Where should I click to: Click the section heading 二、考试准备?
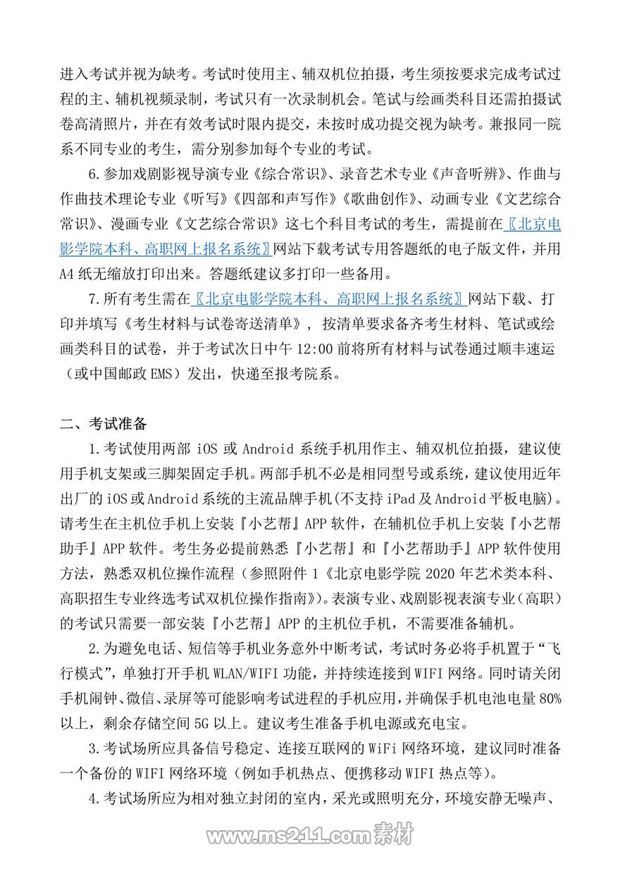[103, 423]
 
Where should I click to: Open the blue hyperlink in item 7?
[328, 299]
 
